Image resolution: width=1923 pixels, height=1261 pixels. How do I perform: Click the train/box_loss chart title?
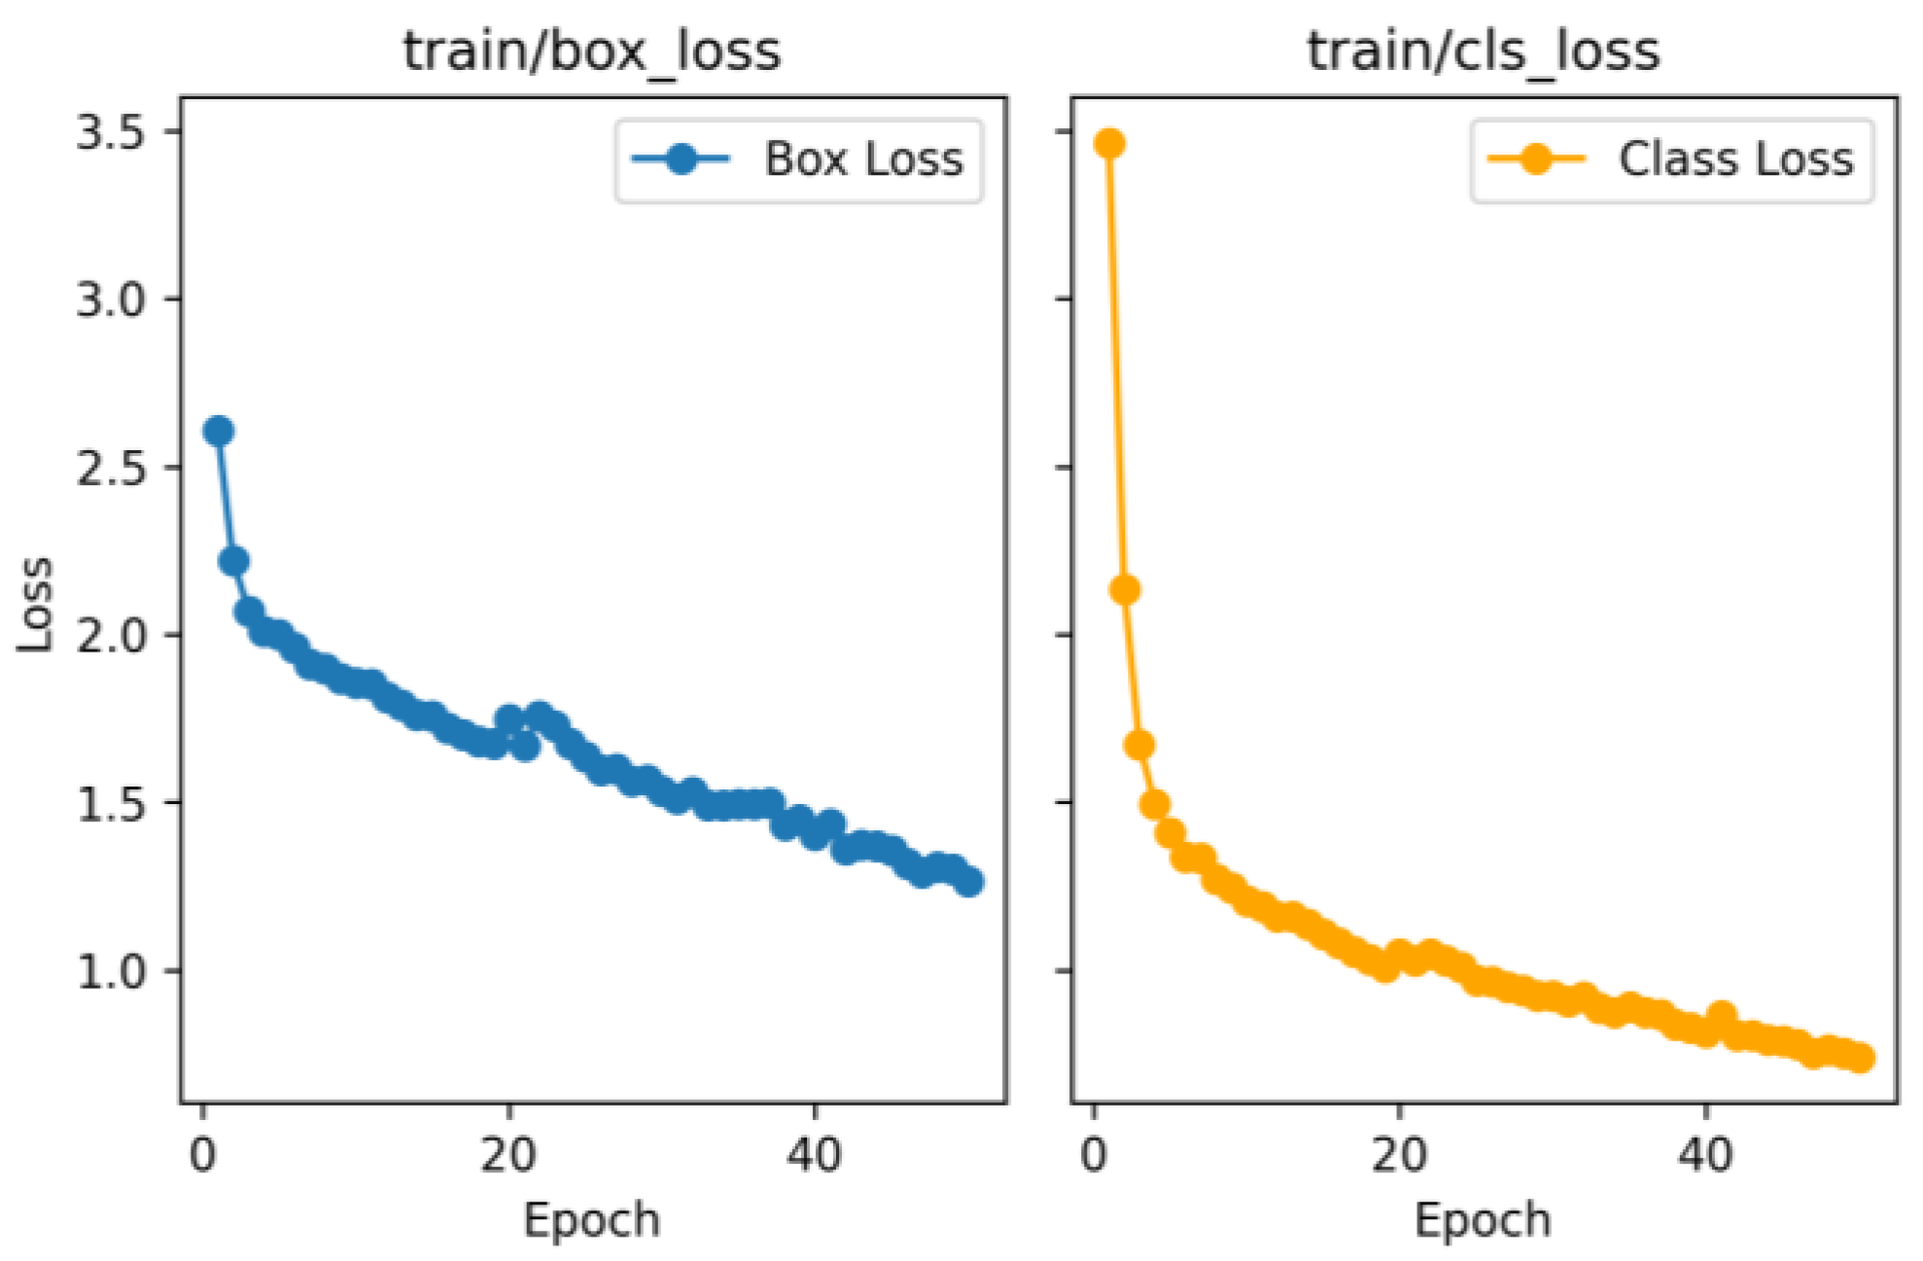592,51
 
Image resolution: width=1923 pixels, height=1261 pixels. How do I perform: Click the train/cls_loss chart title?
1484,51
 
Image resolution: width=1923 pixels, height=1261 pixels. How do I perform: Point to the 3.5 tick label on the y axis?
113,132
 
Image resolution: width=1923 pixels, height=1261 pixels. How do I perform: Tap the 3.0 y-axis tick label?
113,299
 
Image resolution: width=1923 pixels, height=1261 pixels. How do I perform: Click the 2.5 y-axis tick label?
113,468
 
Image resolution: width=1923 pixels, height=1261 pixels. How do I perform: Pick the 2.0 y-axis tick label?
113,636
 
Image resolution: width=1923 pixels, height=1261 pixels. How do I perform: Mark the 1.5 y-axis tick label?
113,803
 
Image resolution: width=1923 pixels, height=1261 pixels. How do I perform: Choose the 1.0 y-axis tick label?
113,971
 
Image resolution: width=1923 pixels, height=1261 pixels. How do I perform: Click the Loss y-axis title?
35,604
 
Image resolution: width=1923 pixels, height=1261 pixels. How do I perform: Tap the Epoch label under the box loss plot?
592,1219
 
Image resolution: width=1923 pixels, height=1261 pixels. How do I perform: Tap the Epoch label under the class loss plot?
1483,1219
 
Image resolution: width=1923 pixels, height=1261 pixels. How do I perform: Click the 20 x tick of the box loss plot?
508,1155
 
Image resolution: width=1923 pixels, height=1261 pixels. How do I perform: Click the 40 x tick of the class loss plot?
1705,1155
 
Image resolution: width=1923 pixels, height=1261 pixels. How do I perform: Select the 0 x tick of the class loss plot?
1094,1155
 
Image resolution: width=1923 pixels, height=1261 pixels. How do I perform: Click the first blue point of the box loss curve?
219,431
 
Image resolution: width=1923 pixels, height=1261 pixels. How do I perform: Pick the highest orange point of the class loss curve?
1109,144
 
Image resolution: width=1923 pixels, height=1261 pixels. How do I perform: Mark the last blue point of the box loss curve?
968,882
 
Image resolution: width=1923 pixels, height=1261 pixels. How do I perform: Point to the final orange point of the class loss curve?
1859,1058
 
